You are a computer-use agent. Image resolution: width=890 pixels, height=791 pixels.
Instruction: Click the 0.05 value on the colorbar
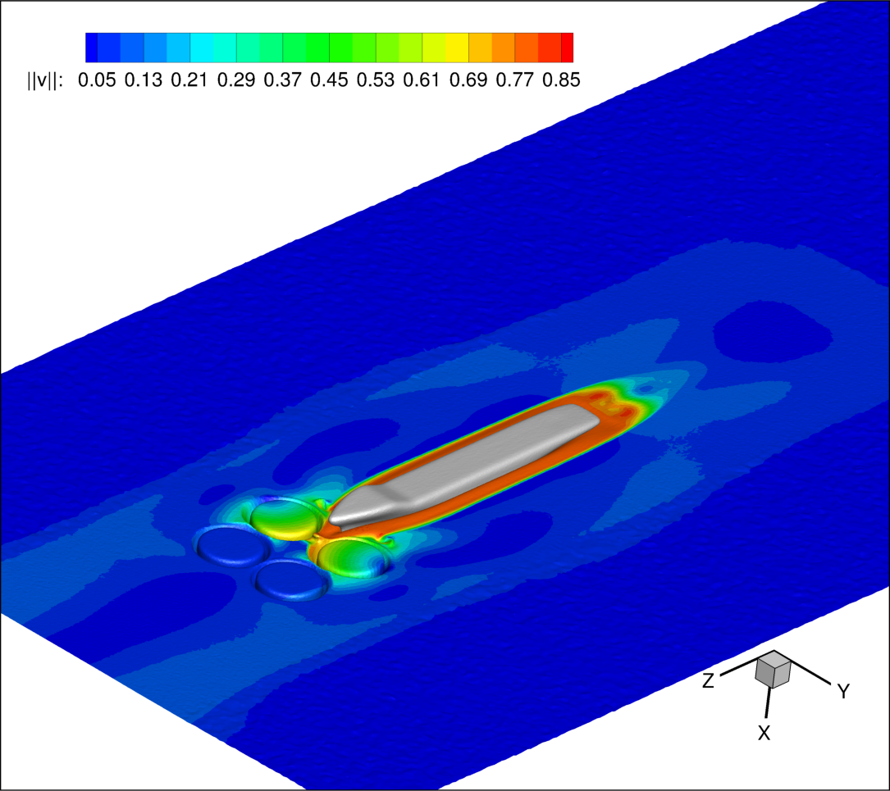[x=97, y=80]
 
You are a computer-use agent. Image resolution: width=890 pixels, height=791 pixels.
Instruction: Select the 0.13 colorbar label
[x=143, y=80]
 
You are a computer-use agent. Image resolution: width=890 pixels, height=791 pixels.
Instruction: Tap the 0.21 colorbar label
[x=189, y=80]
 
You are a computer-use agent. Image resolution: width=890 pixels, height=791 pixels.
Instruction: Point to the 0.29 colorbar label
[x=236, y=80]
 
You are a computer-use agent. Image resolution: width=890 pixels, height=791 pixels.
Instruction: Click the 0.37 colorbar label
[x=283, y=80]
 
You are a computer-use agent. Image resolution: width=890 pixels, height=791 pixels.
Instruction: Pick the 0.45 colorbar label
[x=329, y=80]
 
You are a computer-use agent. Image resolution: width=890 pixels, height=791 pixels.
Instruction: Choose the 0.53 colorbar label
[x=375, y=80]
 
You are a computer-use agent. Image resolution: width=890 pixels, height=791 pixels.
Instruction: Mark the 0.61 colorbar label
[x=422, y=80]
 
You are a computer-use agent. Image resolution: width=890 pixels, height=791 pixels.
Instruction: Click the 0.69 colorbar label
[x=468, y=80]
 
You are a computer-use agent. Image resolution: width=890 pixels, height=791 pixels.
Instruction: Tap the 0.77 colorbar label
[x=515, y=80]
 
